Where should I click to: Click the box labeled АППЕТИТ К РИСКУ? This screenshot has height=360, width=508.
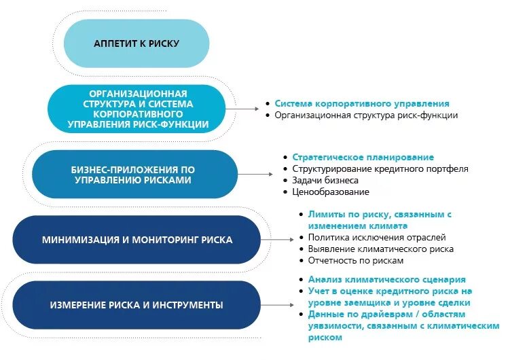[x=137, y=43]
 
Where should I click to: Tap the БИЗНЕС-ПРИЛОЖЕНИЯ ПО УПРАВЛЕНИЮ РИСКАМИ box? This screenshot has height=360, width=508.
[x=135, y=175]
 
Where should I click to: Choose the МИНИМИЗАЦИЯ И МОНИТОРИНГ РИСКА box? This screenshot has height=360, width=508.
[x=137, y=240]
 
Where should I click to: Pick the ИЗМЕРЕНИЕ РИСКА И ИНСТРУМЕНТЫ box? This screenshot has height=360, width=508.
[x=137, y=305]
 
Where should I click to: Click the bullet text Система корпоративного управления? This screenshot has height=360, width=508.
[x=362, y=103]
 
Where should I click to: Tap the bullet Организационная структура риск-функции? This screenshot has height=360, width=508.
[x=366, y=115]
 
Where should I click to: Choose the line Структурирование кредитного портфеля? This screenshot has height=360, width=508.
[x=380, y=168]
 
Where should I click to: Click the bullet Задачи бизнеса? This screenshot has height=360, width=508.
[x=325, y=180]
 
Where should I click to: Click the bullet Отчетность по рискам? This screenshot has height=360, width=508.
[x=356, y=260]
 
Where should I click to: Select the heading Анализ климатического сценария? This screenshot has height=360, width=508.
[x=386, y=279]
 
